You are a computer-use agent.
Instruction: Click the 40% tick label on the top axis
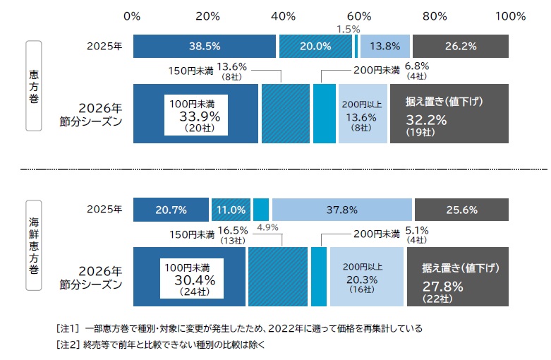coord(283,16)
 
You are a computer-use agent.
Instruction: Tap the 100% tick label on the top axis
coord(511,16)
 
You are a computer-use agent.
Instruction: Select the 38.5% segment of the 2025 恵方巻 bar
coord(205,46)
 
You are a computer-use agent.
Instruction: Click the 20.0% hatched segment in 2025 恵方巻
coord(315,46)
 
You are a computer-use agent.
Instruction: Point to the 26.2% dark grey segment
coord(460,46)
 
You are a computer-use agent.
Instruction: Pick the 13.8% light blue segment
coord(385,46)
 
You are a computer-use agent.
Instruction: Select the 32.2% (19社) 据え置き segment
coord(449,114)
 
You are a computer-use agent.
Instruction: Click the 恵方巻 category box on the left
coord(34,85)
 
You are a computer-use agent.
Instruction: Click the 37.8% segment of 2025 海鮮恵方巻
coord(341,210)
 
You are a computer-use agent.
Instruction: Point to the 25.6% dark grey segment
coord(461,210)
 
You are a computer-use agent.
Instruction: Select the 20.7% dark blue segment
coord(171,210)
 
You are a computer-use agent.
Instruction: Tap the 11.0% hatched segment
coord(231,210)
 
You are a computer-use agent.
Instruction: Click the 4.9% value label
coord(268,227)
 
